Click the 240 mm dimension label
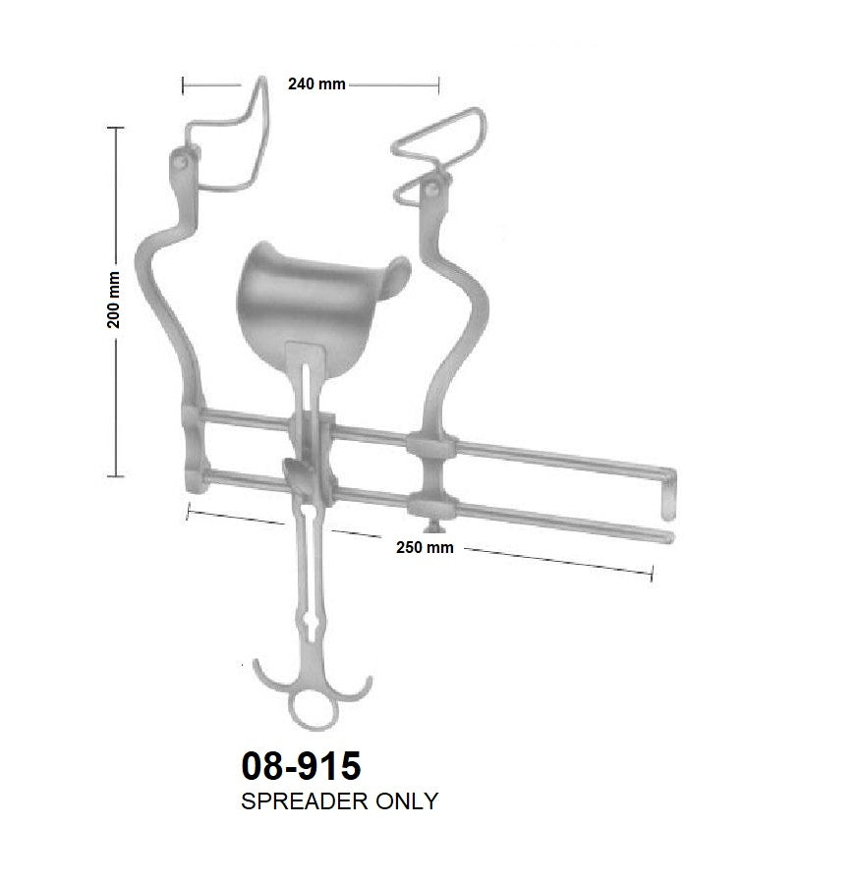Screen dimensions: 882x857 point(315,84)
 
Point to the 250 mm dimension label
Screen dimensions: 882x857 point(426,546)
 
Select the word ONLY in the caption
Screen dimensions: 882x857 point(404,801)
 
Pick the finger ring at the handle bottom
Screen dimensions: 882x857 point(310,709)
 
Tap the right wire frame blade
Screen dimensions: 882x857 point(438,147)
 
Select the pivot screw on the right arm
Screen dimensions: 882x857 point(432,186)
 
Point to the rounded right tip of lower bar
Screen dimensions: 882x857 point(668,535)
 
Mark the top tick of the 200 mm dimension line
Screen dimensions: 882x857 point(116,129)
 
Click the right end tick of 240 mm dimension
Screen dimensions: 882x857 point(439,86)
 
